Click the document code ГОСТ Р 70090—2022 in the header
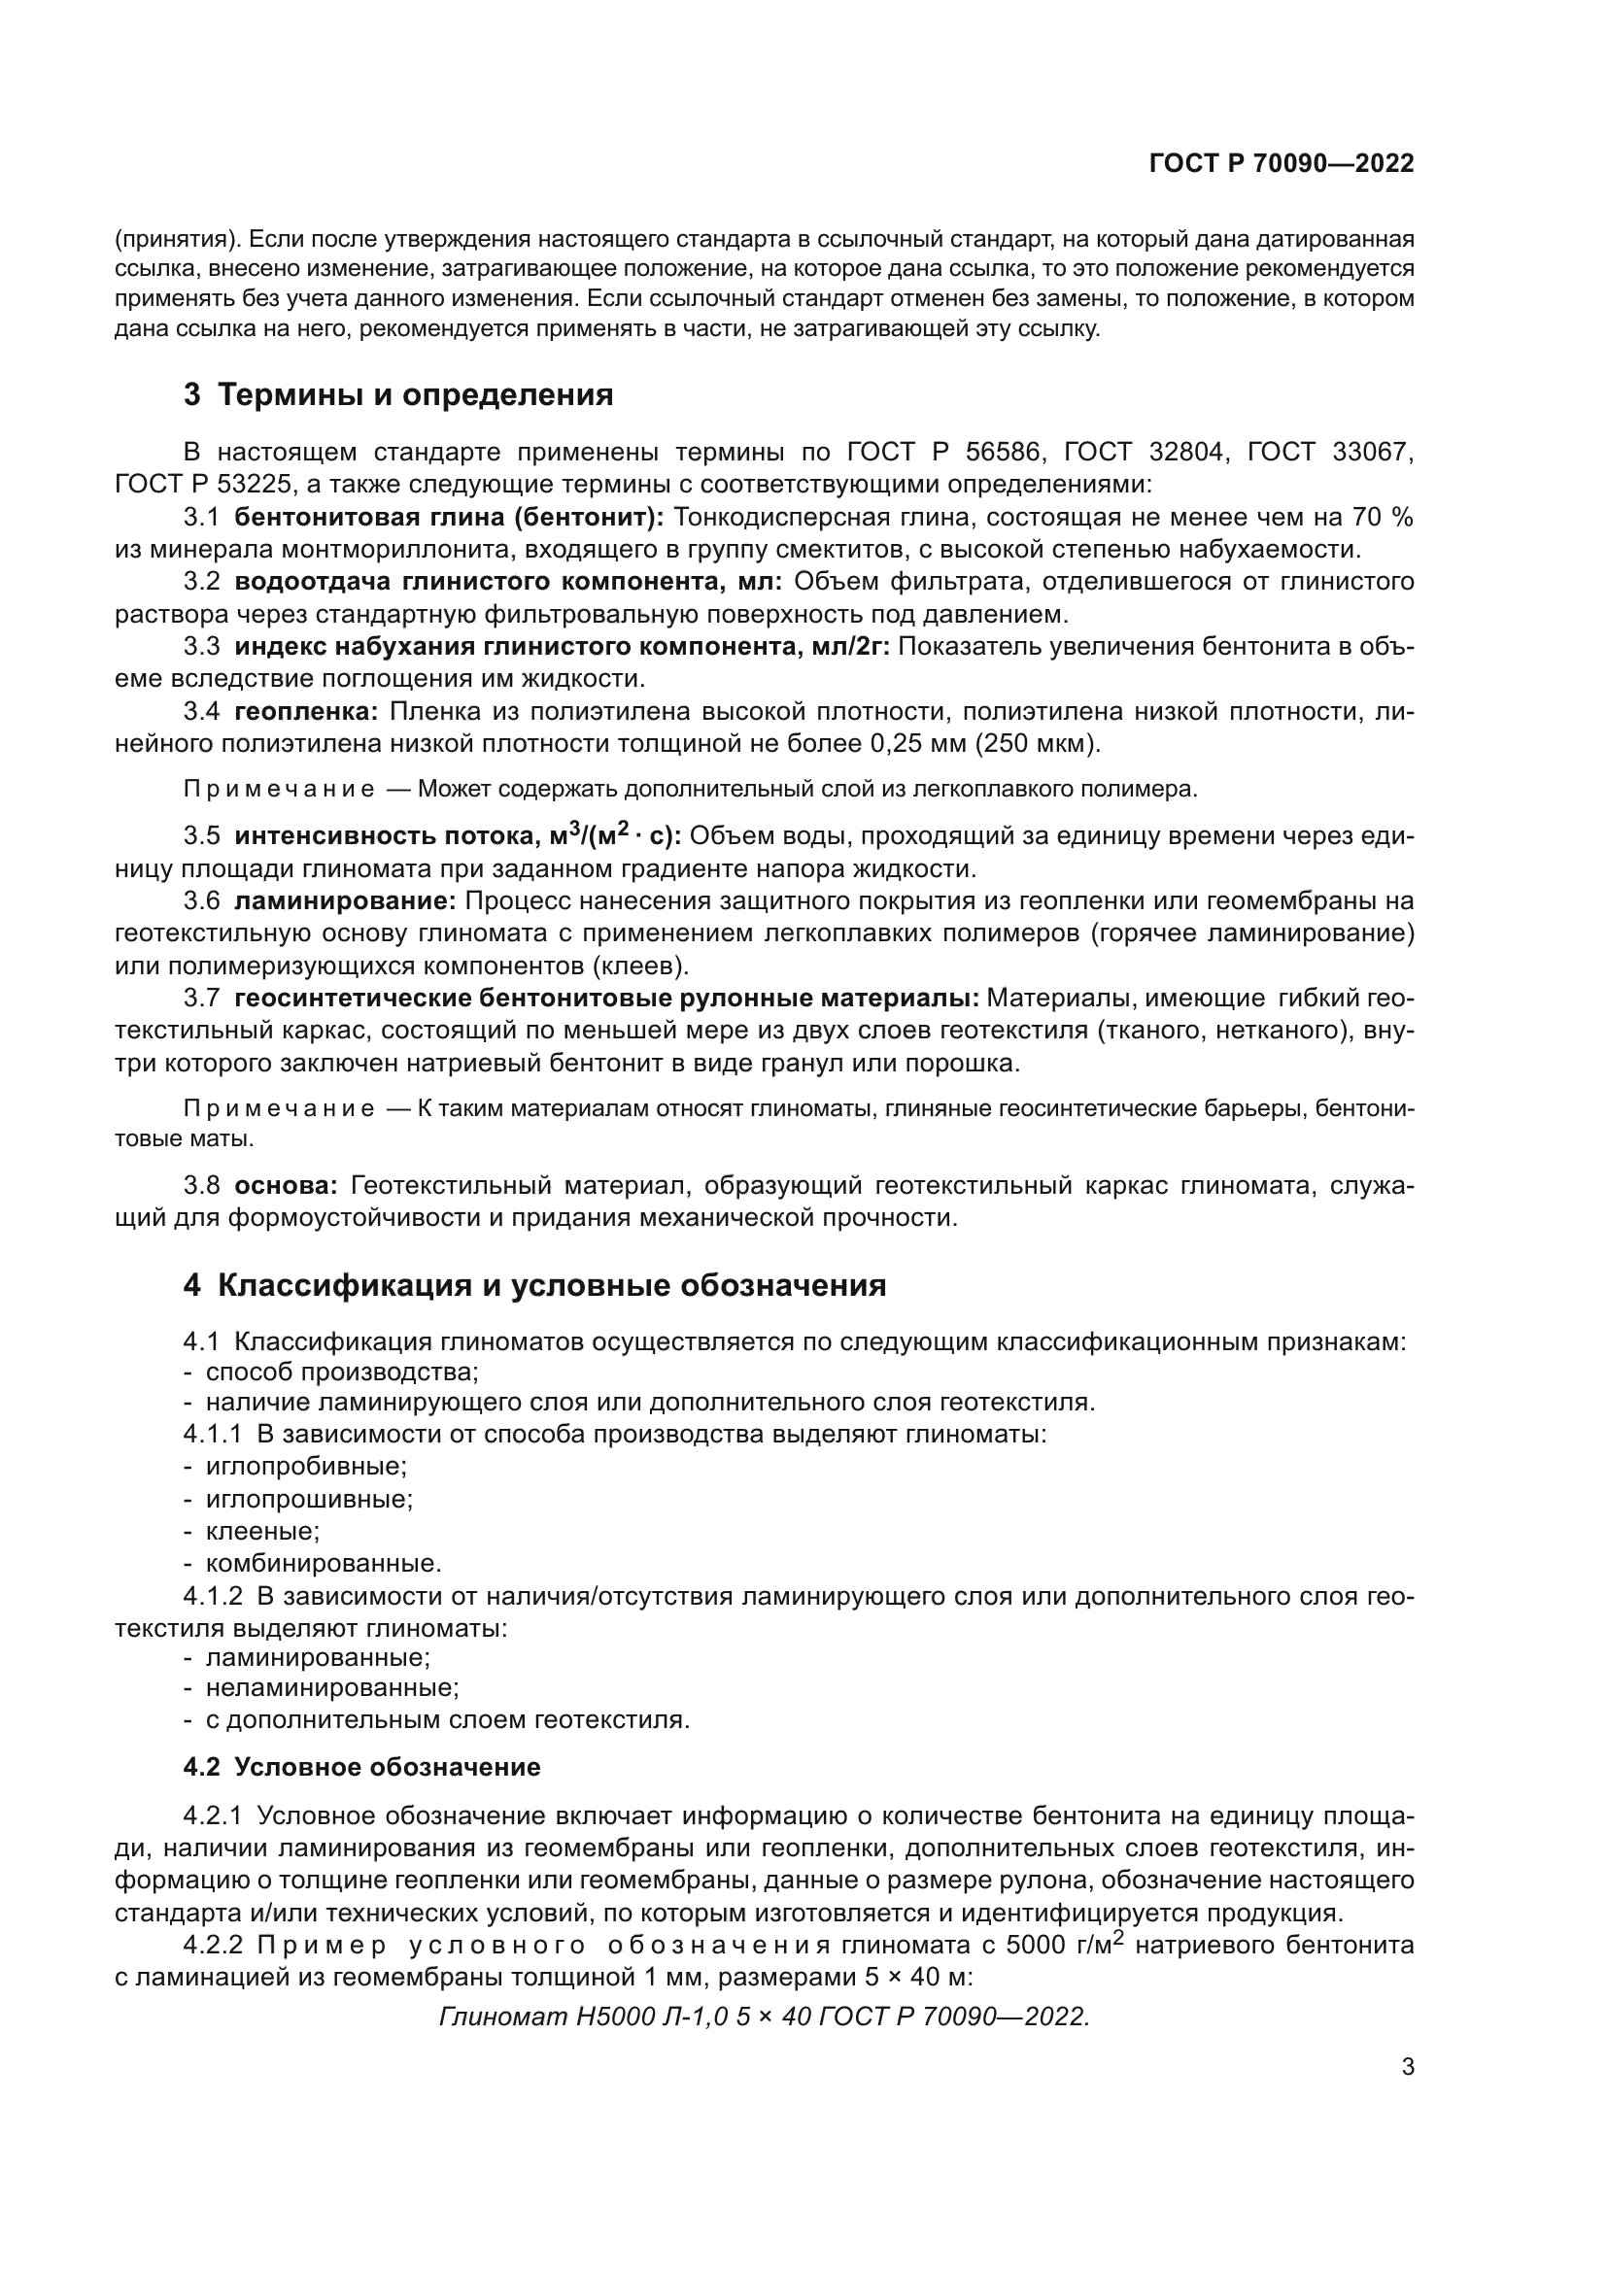1282,163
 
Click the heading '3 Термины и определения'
397,394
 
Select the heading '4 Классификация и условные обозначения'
534,1285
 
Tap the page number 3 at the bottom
1408,2067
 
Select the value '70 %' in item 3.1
1382,517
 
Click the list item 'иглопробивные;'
306,1466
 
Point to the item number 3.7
201,998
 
